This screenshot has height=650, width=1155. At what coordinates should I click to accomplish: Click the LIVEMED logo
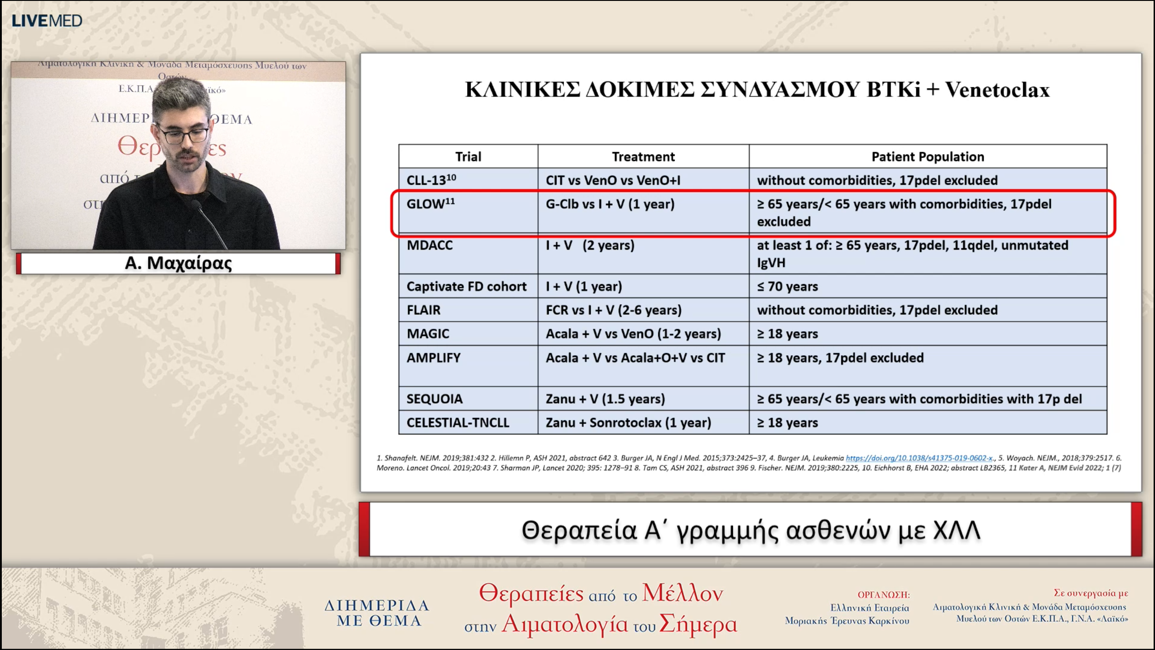click(x=47, y=21)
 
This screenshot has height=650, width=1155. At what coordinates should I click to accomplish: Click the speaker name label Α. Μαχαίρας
click(x=178, y=263)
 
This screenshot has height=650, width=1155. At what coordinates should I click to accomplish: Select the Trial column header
click(x=468, y=157)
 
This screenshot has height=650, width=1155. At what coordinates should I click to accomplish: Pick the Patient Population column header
click(x=928, y=157)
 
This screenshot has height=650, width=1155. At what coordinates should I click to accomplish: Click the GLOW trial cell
click(x=430, y=204)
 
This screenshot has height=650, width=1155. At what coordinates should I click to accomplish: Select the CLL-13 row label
click(x=431, y=180)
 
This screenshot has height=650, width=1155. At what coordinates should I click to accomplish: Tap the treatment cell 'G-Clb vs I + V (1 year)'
click(x=610, y=204)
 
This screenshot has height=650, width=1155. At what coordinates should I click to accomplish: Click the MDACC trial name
click(x=430, y=245)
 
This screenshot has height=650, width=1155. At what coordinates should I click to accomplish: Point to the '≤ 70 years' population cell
click(x=787, y=286)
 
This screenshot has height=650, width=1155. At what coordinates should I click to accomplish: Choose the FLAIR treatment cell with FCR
click(x=614, y=310)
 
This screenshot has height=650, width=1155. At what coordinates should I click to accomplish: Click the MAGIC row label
click(x=428, y=334)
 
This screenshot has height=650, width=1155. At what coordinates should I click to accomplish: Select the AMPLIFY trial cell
click(x=434, y=357)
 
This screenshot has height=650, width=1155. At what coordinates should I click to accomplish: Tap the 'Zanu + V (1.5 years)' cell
click(x=605, y=399)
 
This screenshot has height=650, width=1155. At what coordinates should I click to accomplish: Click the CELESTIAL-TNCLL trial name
click(x=457, y=422)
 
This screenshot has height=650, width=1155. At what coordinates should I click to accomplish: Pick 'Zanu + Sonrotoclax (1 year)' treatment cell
click(x=628, y=422)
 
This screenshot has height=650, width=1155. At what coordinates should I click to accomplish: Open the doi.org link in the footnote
click(x=919, y=458)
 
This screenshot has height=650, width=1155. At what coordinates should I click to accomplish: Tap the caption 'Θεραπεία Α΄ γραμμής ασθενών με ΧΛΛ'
click(x=751, y=530)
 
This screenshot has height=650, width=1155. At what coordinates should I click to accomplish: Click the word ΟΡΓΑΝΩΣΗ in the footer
click(x=883, y=595)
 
